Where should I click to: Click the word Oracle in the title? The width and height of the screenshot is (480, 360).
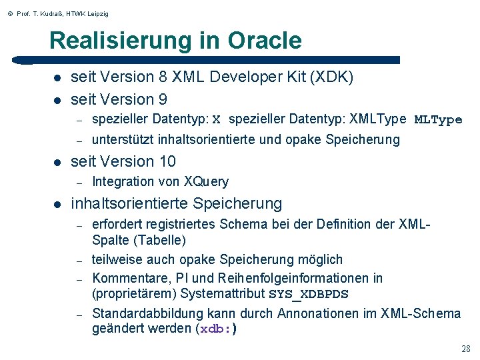[264, 41]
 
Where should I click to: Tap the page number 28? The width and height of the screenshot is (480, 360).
[465, 349]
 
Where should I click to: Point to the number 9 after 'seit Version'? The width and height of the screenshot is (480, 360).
[163, 99]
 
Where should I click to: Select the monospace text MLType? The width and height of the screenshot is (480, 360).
[438, 120]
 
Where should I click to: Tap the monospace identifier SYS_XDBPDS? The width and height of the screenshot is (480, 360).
[309, 295]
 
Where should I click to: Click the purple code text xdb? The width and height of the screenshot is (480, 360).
[217, 329]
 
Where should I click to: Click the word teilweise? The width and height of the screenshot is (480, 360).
[116, 259]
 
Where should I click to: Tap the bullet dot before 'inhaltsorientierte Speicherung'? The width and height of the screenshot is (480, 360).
[58, 204]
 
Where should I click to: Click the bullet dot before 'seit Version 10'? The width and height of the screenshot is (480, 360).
[58, 162]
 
